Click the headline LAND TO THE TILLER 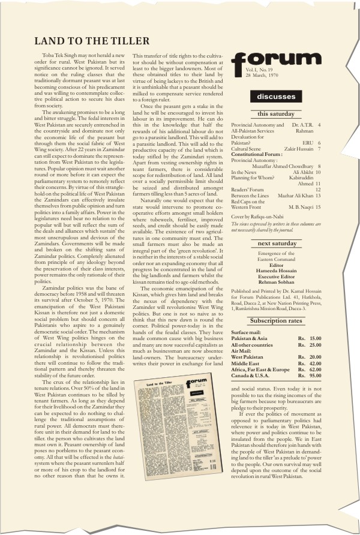coord(92,41)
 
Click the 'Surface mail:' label coord(247,332)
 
